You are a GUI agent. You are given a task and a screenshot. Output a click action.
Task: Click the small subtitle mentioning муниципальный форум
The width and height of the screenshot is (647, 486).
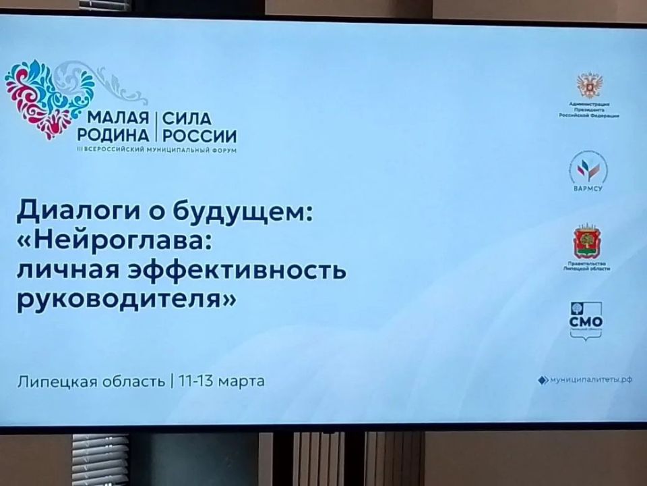click(158, 148)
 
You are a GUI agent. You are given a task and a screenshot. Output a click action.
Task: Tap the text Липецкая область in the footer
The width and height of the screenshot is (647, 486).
click(91, 381)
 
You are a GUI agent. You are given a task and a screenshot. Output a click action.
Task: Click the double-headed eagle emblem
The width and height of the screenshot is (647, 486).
click(588, 86)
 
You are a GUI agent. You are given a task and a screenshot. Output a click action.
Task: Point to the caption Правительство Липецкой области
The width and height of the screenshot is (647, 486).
click(588, 265)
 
